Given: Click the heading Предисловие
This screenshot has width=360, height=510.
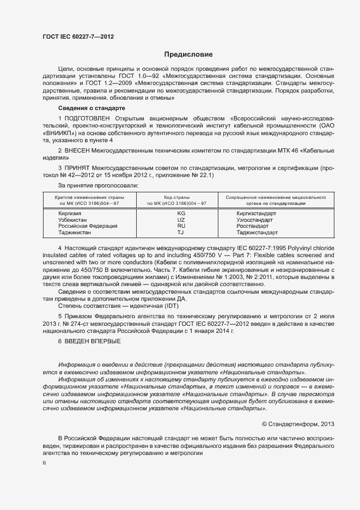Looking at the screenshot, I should point(188,54).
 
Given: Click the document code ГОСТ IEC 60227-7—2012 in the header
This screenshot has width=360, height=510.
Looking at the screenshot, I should point(78,37).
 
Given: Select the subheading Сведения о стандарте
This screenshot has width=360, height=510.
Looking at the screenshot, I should point(88,108).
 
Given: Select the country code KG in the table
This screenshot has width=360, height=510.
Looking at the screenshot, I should point(181,213).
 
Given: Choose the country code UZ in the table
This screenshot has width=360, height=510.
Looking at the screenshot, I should point(181,219).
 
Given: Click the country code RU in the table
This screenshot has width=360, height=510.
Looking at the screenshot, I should point(181,226).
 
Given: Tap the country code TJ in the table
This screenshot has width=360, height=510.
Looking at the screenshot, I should point(181,232).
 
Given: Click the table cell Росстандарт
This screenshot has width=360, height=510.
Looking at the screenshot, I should point(253,226).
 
